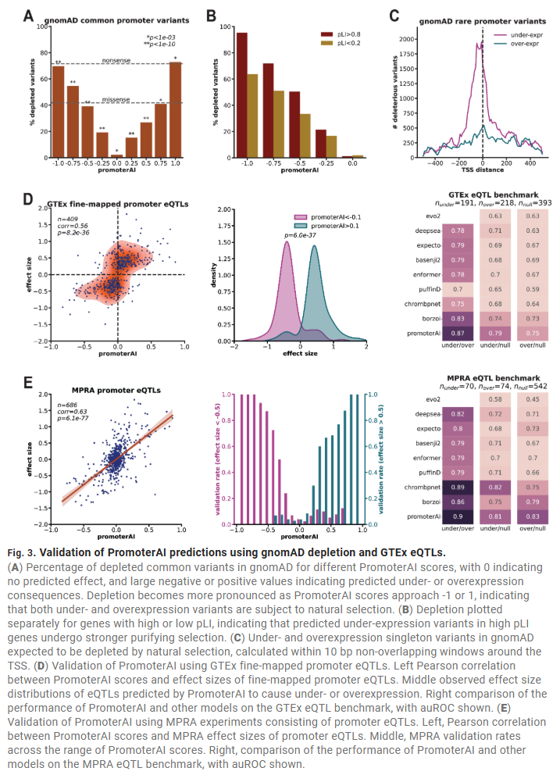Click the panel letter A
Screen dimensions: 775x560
[x=28, y=15]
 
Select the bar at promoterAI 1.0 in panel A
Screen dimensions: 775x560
[x=176, y=109]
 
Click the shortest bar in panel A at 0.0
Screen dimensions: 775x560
[x=117, y=156]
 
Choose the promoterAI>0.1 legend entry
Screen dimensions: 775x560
[x=336, y=224]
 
